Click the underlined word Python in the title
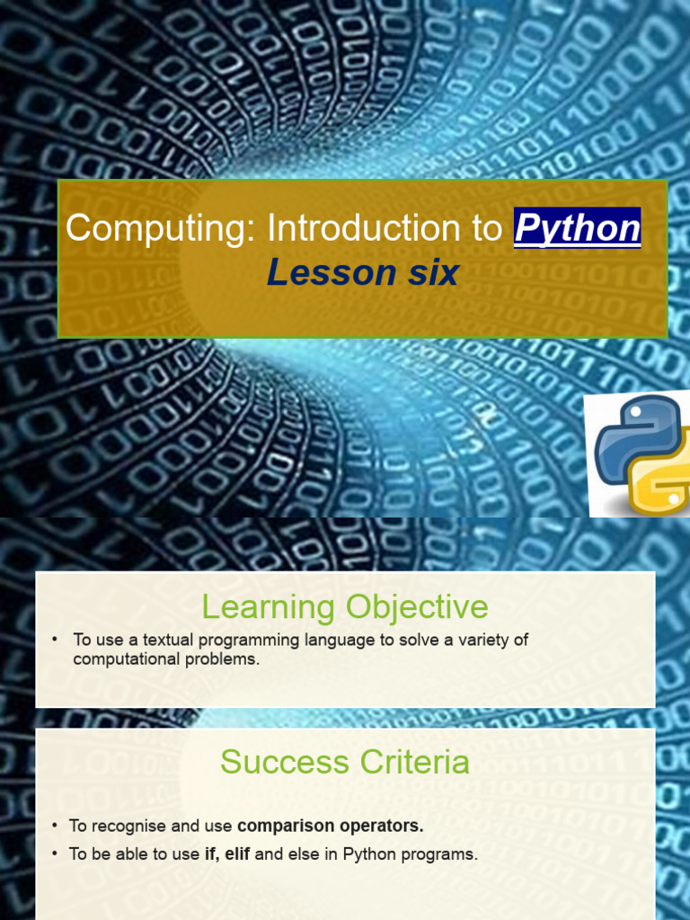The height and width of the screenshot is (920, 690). tap(577, 229)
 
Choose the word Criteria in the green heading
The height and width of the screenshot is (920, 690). tap(414, 763)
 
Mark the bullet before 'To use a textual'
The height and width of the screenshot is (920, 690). tap(55, 639)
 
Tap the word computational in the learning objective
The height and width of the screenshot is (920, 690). tap(121, 659)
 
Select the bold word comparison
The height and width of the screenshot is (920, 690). tap(292, 825)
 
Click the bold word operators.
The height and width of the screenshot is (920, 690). tap(386, 825)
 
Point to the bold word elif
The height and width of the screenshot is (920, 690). tap(237, 854)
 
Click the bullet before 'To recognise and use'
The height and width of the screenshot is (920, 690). tap(55, 825)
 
